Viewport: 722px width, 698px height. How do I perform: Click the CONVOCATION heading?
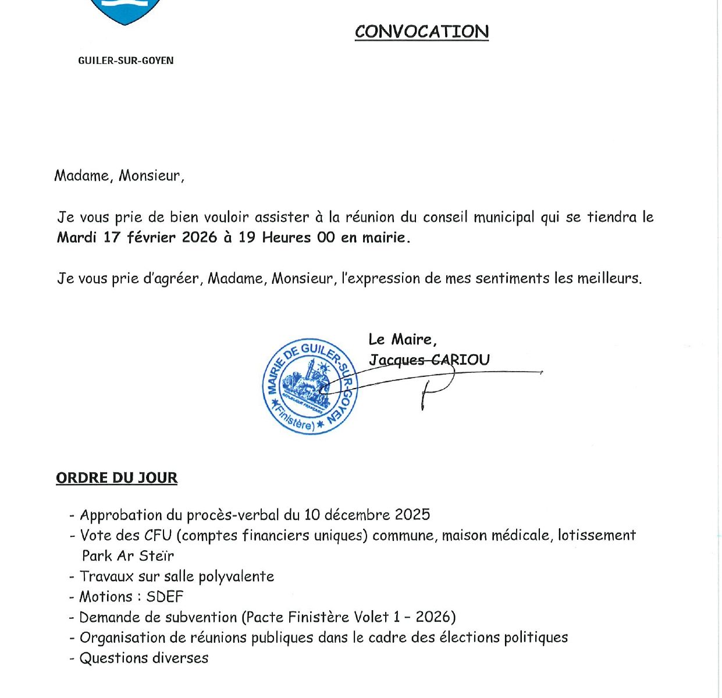422,31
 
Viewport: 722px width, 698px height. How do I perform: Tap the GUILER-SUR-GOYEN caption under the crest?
126,60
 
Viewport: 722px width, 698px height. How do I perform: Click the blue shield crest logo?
125,10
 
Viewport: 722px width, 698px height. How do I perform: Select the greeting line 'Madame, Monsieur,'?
119,176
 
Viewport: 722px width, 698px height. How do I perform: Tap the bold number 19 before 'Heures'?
247,237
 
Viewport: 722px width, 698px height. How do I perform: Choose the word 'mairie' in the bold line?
383,237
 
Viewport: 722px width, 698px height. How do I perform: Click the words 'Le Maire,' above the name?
402,339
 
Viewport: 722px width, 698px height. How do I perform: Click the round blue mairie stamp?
310,386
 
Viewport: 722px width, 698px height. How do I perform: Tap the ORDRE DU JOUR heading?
116,478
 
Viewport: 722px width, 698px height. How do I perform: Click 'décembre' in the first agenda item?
357,515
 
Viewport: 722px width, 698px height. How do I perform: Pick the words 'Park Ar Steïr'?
128,555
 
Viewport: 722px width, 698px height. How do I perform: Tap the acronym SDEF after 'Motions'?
165,597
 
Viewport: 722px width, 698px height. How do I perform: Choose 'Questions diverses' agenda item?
144,658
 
